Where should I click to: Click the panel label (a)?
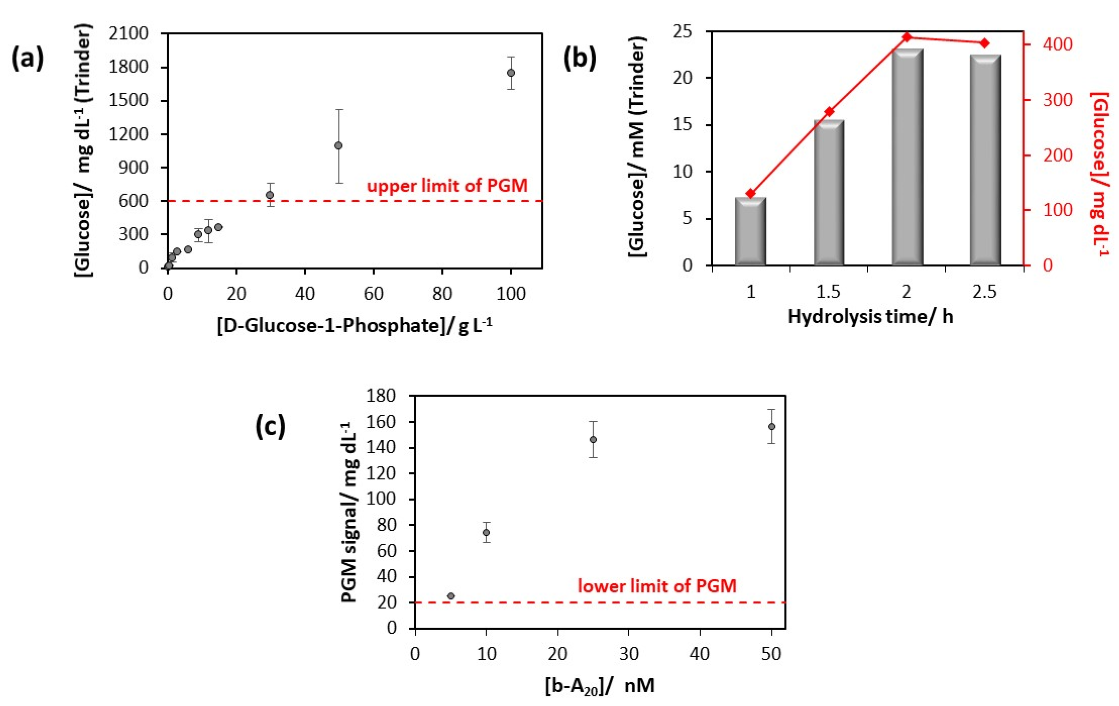27,60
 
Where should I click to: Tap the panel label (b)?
580,60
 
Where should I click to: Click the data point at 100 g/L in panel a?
511,73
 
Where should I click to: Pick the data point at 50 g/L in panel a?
339,145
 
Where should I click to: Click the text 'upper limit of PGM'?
447,186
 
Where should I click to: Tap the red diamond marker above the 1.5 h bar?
829,112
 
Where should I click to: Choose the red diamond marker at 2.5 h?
985,43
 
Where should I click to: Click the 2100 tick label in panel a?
129,33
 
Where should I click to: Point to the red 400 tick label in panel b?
1057,44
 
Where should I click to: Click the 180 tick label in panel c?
381,396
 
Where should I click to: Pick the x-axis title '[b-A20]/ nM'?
599,686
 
